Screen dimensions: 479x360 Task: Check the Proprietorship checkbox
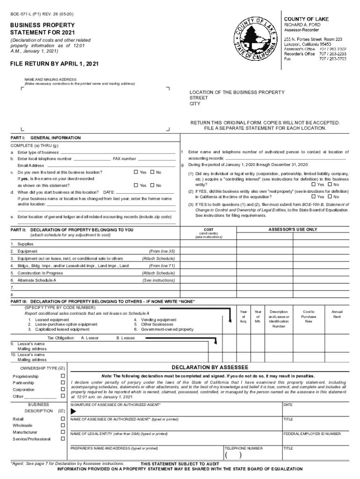(x=62, y=376)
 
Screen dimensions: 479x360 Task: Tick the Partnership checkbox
(x=62, y=383)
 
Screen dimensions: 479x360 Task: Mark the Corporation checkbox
(x=62, y=390)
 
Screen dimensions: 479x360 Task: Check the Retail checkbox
(x=62, y=419)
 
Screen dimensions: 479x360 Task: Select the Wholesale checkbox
(x=62, y=425)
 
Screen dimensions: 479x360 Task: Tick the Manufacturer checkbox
(x=62, y=432)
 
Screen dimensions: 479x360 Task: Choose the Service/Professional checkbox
(x=62, y=439)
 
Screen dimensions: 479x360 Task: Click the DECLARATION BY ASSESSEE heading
(x=210, y=367)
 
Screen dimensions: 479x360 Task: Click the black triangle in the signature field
(x=73, y=411)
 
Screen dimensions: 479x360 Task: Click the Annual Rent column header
(x=337, y=314)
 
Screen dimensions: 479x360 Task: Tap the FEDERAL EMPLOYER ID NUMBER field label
(x=312, y=434)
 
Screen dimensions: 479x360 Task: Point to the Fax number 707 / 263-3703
(x=332, y=59)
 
